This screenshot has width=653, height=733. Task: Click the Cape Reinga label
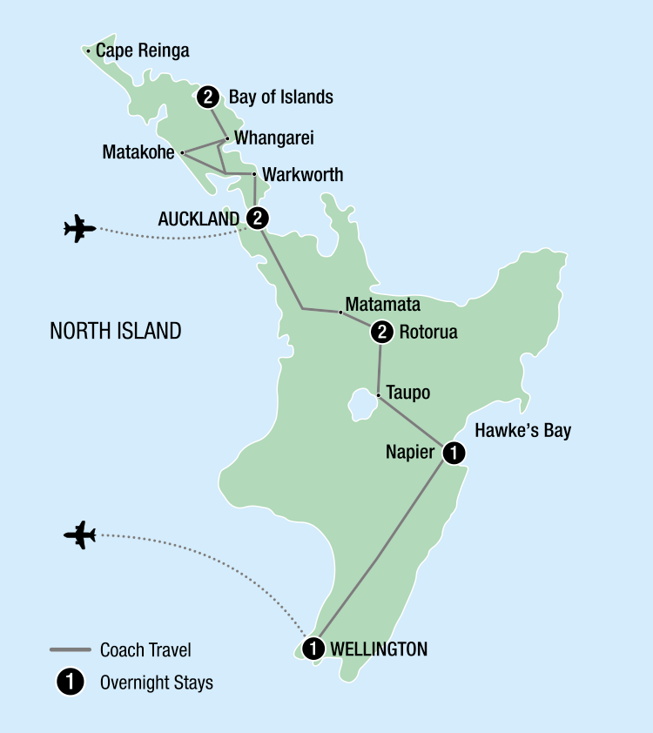(143, 51)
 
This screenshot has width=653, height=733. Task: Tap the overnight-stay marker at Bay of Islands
(207, 97)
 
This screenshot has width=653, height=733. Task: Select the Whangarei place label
(275, 138)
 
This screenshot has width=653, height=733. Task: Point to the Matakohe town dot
(182, 152)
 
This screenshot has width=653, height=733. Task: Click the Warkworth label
(304, 175)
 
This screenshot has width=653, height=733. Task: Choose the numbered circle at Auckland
(257, 217)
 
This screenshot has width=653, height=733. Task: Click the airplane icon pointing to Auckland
(79, 230)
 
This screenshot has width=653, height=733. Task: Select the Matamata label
(383, 305)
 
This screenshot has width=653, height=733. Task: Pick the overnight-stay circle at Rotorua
(380, 332)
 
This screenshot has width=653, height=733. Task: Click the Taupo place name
(408, 393)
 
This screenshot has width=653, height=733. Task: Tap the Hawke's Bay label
(522, 430)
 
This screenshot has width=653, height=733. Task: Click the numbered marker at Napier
(454, 452)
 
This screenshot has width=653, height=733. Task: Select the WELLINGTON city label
(380, 649)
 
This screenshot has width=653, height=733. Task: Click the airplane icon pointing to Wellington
(79, 535)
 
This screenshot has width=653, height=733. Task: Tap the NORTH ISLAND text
(116, 331)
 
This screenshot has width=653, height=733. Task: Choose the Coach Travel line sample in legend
(71, 650)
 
